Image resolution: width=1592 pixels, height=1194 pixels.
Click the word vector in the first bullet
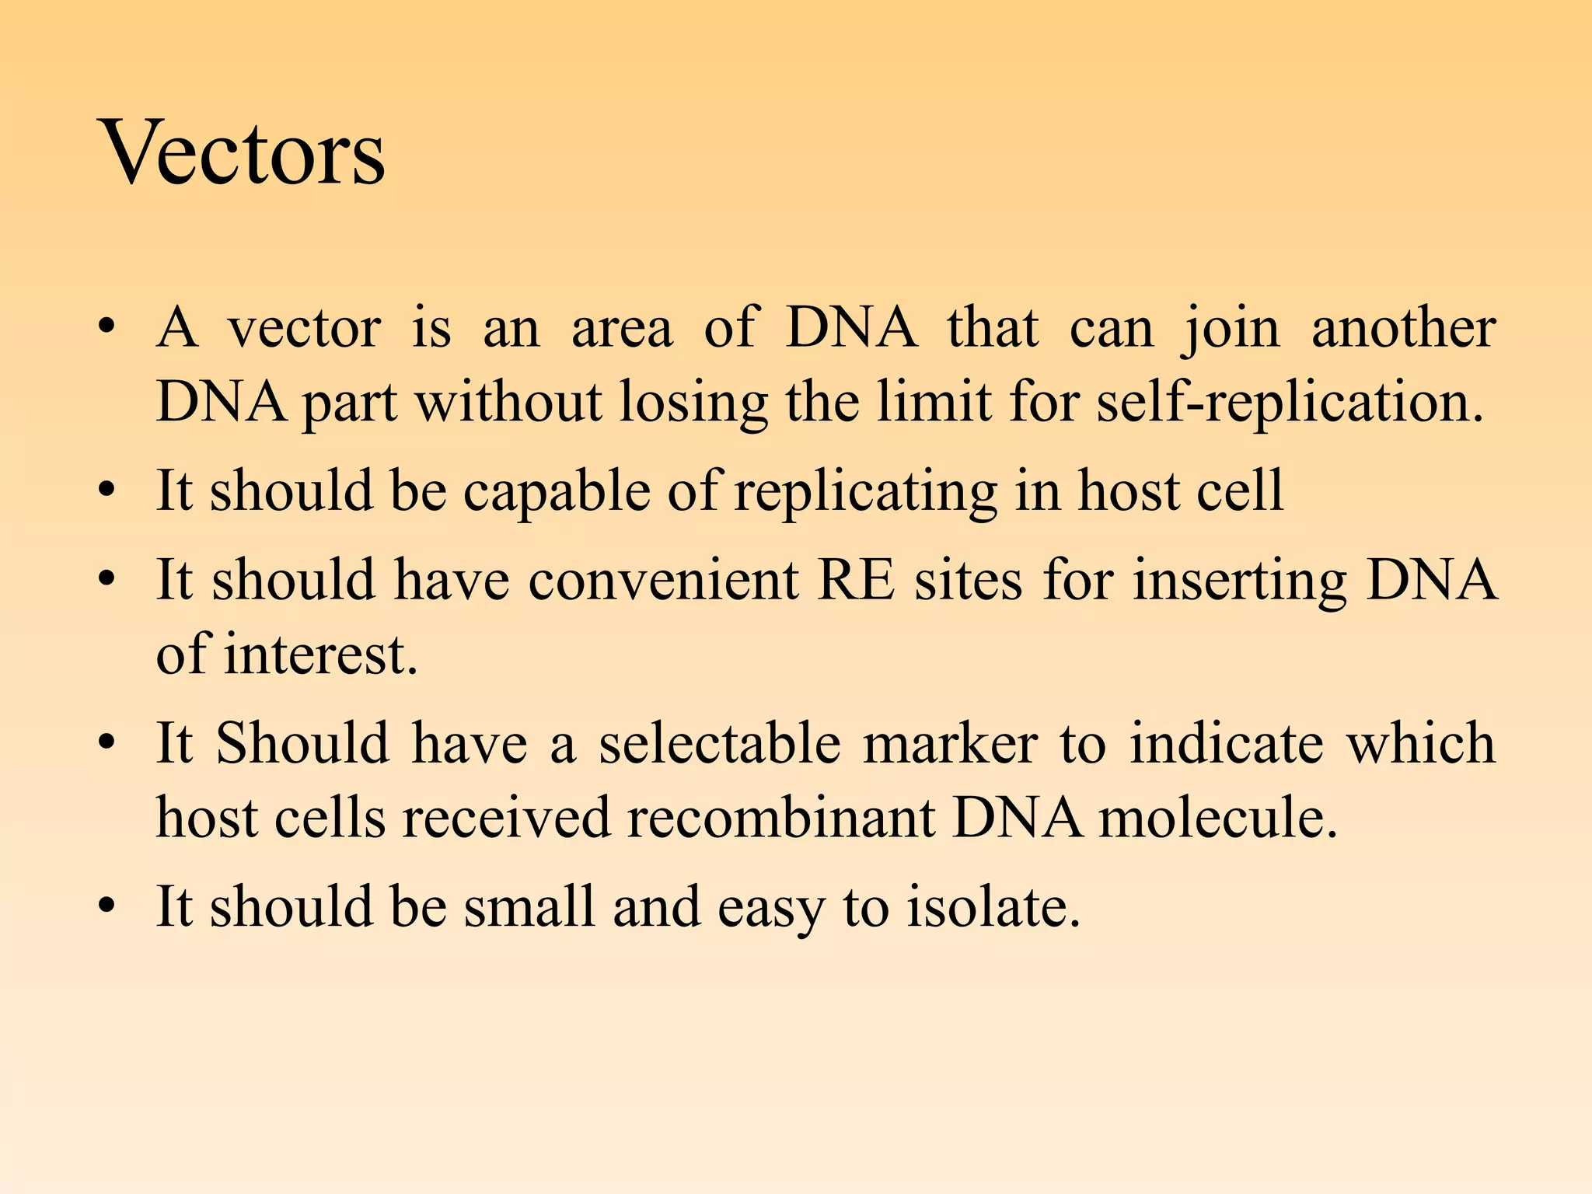click(x=304, y=328)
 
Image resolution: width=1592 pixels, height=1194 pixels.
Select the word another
click(x=1403, y=328)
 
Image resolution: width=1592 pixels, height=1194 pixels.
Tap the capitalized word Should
click(x=302, y=743)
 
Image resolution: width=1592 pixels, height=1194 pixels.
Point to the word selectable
click(x=719, y=743)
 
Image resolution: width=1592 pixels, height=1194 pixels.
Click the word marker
click(x=950, y=743)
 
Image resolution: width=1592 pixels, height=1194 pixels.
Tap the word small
click(x=529, y=906)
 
